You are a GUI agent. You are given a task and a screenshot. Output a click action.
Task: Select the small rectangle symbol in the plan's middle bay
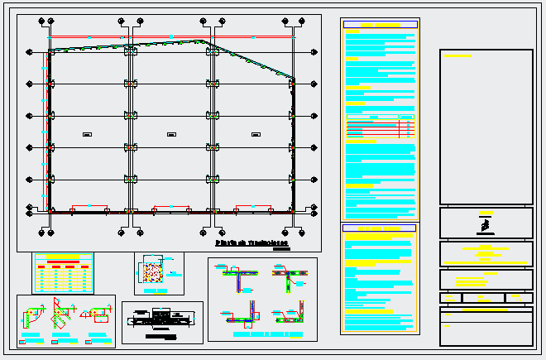coord(171,134)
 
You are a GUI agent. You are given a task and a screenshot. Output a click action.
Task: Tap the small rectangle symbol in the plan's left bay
coord(87,134)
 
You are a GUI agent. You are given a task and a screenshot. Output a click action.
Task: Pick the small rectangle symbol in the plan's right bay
coord(255,134)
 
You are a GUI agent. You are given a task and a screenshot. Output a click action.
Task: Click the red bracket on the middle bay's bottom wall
coord(171,205)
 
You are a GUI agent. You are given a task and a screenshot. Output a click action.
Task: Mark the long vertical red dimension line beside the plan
coord(44,128)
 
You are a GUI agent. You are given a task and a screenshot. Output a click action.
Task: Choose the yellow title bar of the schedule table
coord(63,257)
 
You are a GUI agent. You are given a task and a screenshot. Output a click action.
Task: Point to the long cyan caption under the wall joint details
coord(262,335)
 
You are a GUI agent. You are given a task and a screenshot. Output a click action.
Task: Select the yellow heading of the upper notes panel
coord(380,26)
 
